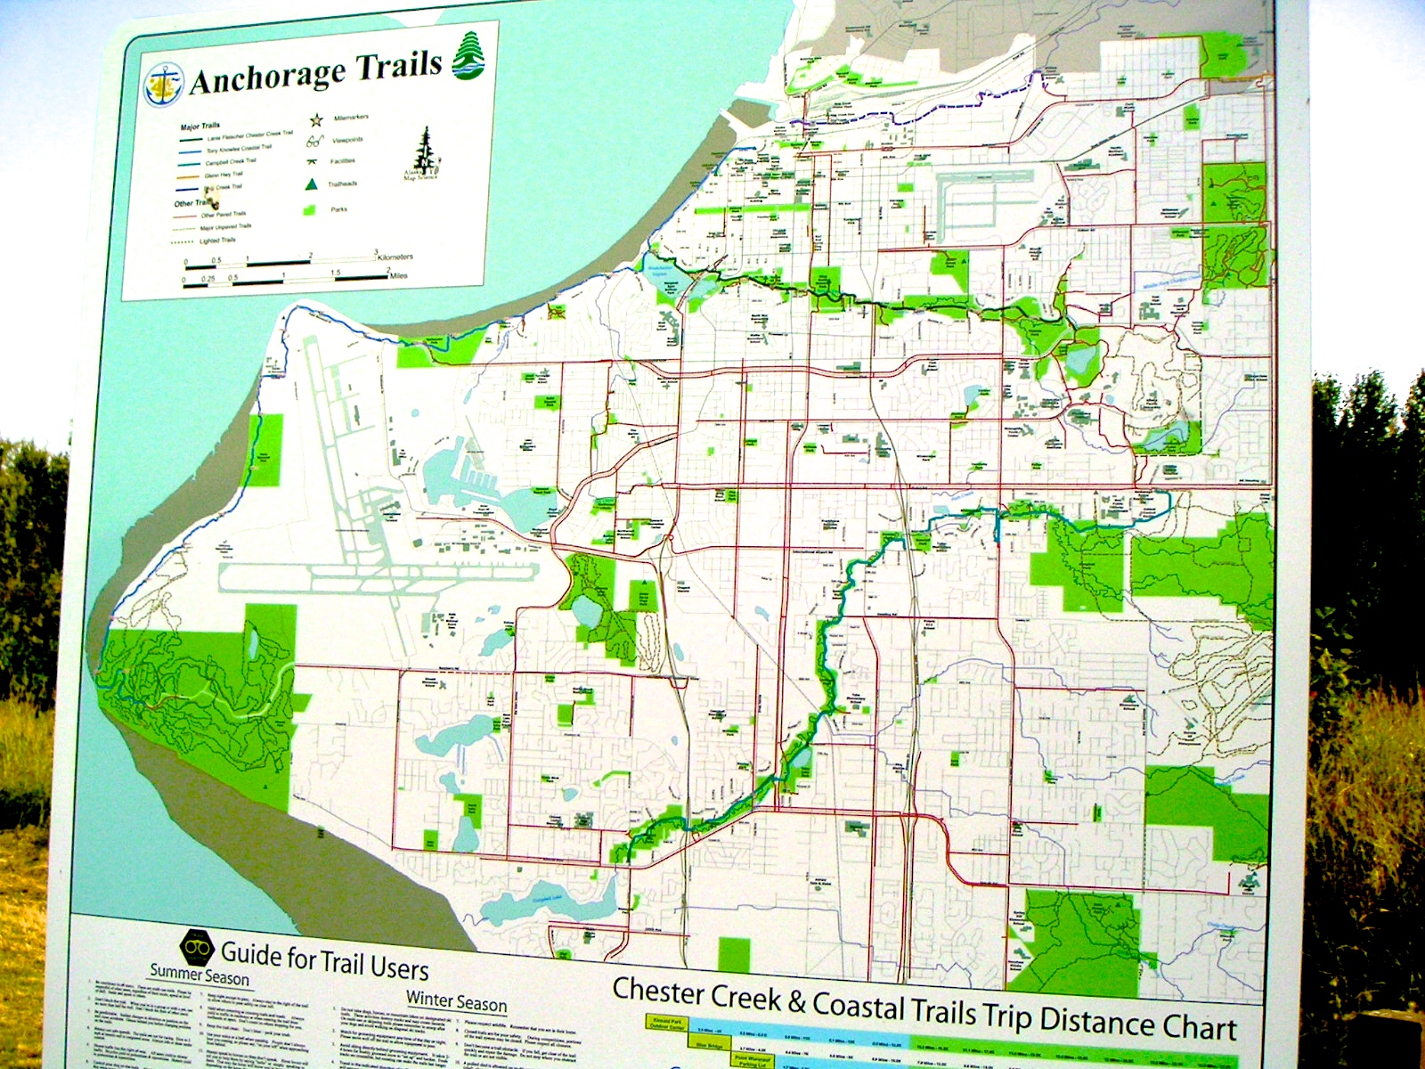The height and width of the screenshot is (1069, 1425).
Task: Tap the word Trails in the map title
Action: pos(399,64)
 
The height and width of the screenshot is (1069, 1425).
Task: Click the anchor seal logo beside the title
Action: pos(164,85)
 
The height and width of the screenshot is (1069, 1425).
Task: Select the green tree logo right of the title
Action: pos(468,55)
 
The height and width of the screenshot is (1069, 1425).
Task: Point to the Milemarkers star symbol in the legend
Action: pos(315,119)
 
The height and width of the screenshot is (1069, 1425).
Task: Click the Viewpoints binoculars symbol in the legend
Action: pos(315,141)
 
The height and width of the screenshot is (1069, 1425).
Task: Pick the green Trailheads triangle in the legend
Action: pos(312,184)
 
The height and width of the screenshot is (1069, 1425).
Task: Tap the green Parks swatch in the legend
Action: pos(311,210)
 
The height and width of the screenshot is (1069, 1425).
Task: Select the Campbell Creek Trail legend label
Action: pos(230,162)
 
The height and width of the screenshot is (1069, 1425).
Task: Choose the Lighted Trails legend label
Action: pos(217,241)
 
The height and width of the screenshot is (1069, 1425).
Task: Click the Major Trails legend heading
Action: pos(199,126)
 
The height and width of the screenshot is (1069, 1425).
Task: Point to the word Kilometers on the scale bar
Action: pos(395,257)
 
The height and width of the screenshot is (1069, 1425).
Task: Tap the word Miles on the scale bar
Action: pos(398,275)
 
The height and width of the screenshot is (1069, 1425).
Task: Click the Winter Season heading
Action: pos(456,1001)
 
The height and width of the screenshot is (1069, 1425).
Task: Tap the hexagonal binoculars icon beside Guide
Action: pos(197,946)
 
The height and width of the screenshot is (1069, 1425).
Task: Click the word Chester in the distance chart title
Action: pos(658,991)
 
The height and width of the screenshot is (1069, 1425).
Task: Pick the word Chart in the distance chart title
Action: pos(1199,1026)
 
